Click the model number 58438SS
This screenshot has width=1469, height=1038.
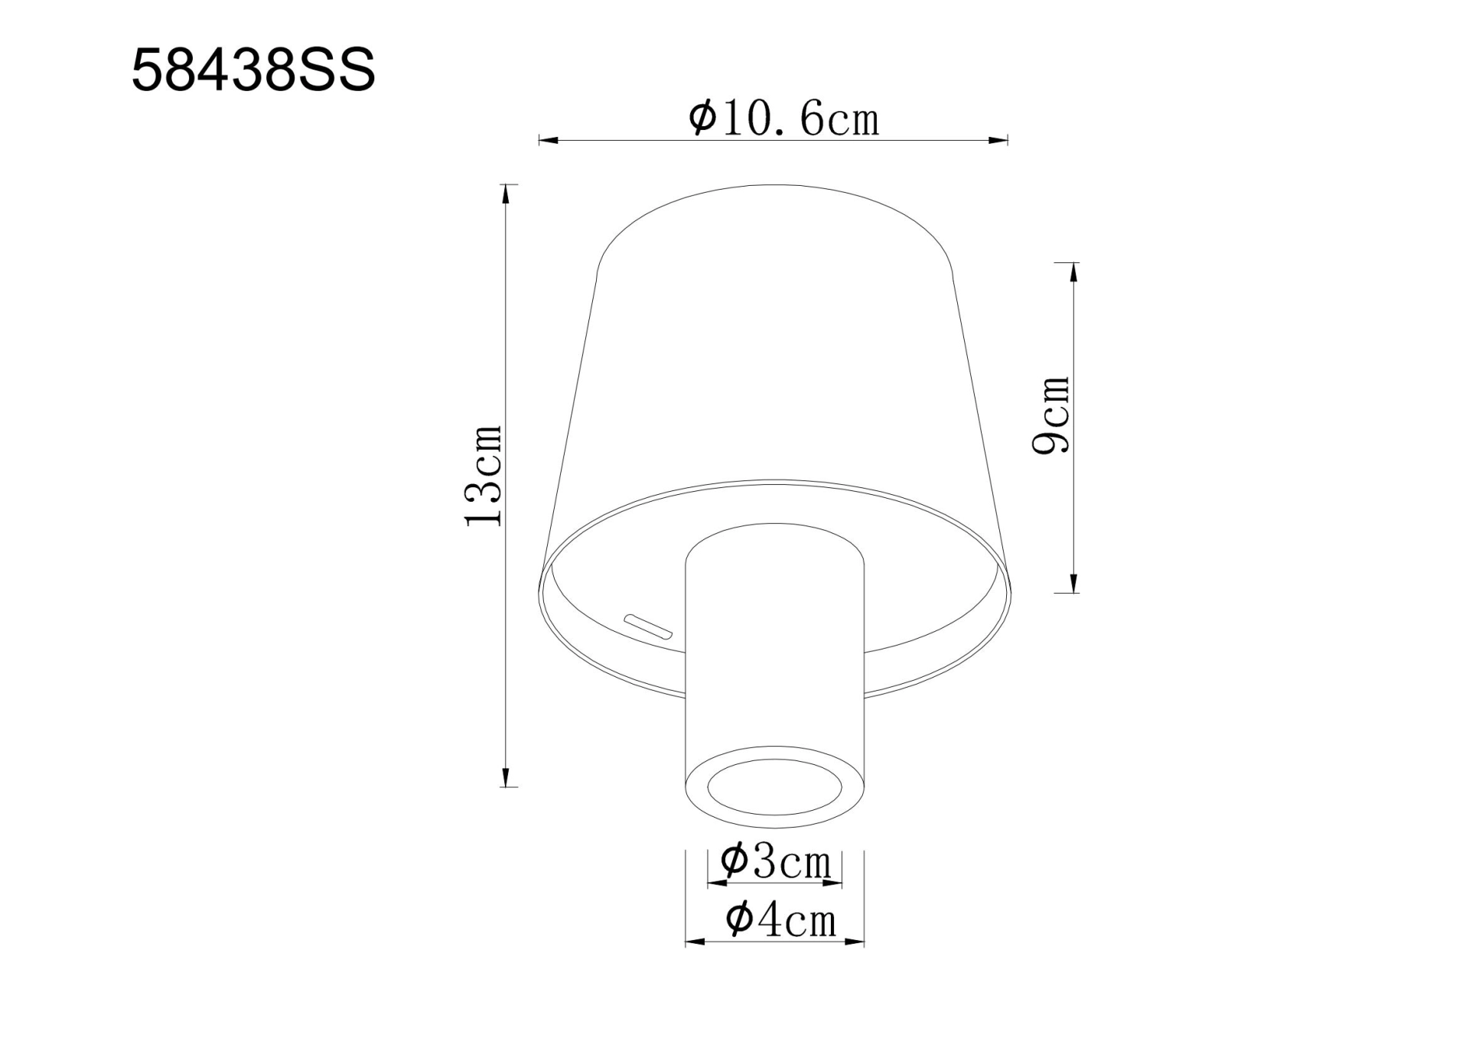point(253,70)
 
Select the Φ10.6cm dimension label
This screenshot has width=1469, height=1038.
point(783,119)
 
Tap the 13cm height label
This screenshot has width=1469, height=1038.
point(484,476)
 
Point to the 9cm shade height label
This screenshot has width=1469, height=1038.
point(1051,415)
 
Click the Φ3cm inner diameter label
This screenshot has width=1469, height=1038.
point(775,862)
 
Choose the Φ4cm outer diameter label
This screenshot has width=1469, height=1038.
point(780,919)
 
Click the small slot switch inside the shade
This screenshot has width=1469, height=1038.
point(647,626)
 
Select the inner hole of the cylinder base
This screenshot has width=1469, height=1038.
point(774,787)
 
